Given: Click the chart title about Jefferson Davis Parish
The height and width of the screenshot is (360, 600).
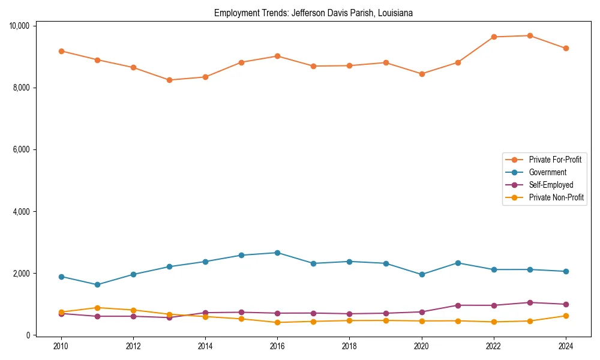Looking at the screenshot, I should click(x=313, y=13).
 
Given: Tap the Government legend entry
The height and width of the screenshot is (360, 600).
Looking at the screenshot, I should click(x=547, y=172).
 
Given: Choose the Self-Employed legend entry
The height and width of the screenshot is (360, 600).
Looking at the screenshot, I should click(x=551, y=185).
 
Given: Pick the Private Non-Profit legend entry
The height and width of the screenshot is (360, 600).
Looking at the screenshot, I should click(x=556, y=197).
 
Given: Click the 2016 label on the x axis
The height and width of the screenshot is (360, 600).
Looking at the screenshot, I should click(x=277, y=346).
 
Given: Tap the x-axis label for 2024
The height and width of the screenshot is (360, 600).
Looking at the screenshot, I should click(x=566, y=346).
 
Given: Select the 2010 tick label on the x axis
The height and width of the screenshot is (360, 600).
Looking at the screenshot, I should click(x=61, y=346).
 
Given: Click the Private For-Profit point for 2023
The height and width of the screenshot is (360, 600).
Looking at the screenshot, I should click(x=530, y=35).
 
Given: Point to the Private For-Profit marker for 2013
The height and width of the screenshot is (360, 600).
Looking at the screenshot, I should click(x=169, y=80).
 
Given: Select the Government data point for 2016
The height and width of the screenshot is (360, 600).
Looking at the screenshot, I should click(x=277, y=253).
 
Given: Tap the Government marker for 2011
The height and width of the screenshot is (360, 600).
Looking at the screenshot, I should click(x=97, y=284).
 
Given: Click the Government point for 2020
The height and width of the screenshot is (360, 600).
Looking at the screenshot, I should click(x=422, y=274).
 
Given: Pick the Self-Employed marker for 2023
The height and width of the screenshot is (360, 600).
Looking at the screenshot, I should click(x=530, y=302).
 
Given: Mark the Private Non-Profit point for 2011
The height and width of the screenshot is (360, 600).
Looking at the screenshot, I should click(x=97, y=308).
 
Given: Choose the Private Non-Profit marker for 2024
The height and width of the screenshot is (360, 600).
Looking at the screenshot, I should click(x=566, y=316).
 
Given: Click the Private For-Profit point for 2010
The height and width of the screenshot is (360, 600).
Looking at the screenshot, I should click(x=61, y=51).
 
